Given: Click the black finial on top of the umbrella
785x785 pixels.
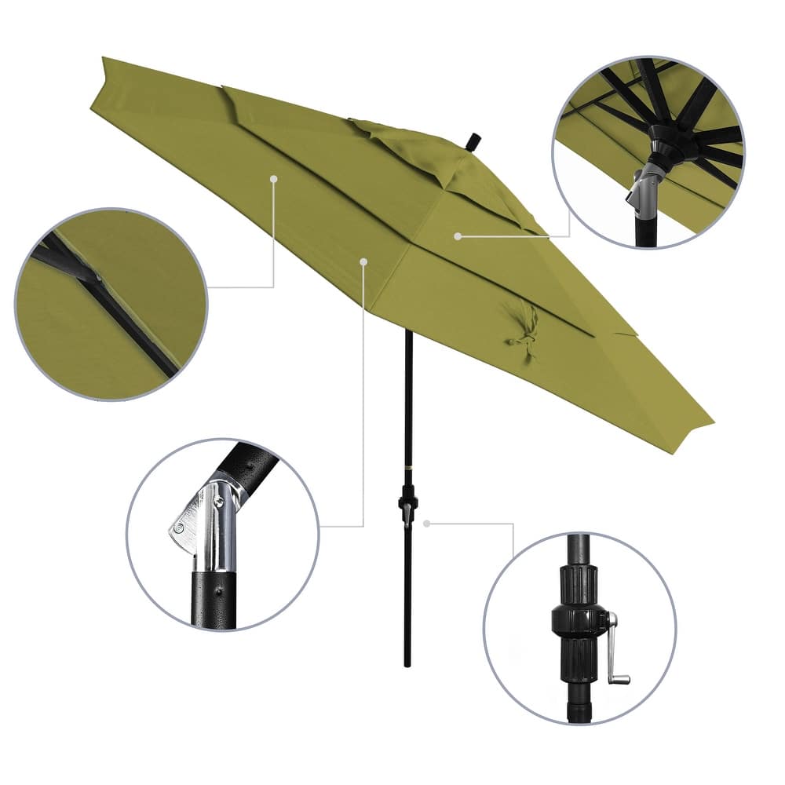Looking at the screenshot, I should tap(473, 142).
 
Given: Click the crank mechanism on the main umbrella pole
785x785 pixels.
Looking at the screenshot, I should tap(407, 503).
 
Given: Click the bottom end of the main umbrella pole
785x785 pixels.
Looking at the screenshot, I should tap(407, 663).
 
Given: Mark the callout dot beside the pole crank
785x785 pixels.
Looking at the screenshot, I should tap(426, 523).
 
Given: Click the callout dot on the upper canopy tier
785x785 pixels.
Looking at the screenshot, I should tap(457, 235).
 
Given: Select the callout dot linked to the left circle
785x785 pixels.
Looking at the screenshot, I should tap(273, 179).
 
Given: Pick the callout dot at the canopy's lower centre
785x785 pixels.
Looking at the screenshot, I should tap(363, 261).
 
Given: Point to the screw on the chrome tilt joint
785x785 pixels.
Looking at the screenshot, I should tap(181, 528).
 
